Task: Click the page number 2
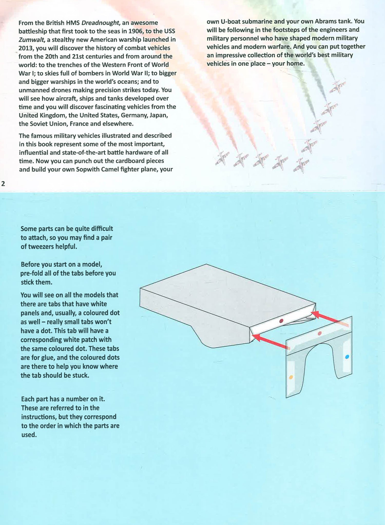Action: click(3, 184)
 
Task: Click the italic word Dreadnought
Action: click(100, 23)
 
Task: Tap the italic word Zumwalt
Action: click(29, 40)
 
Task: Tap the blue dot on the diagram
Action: click(347, 357)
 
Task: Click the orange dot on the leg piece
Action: click(291, 377)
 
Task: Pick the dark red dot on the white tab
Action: click(281, 321)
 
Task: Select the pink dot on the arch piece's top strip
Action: click(320, 334)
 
